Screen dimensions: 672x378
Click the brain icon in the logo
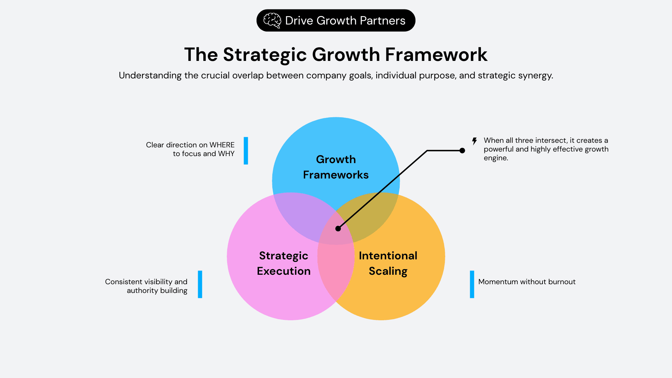click(272, 21)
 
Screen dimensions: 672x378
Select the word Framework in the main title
click(436, 55)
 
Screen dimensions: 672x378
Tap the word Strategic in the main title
click(265, 55)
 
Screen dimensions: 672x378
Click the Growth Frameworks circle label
click(336, 167)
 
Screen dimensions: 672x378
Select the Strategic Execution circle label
click(283, 263)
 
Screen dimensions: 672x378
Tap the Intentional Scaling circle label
click(388, 263)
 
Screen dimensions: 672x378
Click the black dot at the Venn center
click(338, 229)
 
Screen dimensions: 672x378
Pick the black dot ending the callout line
click(462, 150)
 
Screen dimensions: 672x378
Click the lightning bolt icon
click(474, 141)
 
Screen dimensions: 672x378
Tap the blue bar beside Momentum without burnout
click(472, 284)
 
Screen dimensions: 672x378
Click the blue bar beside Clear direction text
click(246, 150)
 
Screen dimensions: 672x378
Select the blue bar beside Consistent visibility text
click(200, 284)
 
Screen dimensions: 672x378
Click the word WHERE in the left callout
click(222, 145)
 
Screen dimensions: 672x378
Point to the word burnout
click(562, 282)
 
